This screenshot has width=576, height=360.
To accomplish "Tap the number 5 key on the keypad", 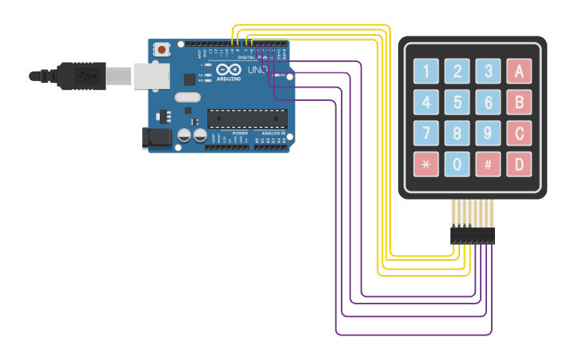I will pos(457,103).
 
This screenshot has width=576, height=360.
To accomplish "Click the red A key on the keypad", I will pos(519,72).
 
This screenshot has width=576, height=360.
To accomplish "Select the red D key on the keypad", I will pos(519,165).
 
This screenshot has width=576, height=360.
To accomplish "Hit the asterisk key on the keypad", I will pos(426,165).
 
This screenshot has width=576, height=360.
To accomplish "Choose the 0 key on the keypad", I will pos(457,165).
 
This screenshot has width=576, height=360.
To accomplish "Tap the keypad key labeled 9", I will pos(488,134).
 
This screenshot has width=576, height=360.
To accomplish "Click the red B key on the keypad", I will pos(519,103).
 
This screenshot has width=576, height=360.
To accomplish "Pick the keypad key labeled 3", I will pos(488,72).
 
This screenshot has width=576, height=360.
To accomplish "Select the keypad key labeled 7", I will pos(426,134).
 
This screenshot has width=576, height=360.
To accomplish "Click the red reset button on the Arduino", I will pos(162,49).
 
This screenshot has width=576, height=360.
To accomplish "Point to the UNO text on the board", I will pos(257,70).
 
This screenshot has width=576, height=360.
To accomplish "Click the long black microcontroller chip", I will pos(246,118).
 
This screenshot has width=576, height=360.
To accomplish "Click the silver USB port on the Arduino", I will pos(148,75).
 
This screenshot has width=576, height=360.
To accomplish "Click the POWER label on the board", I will pos(240,133).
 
